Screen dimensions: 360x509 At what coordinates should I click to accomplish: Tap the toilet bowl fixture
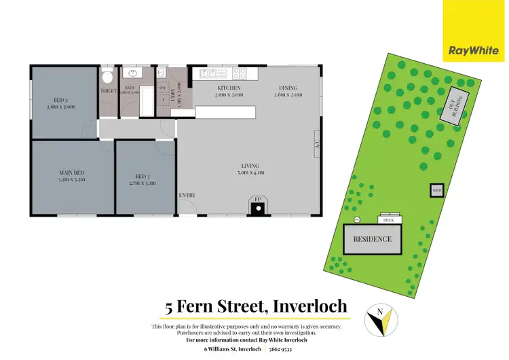107,77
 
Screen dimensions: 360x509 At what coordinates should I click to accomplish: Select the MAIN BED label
71,177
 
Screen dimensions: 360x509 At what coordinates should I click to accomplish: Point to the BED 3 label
143,179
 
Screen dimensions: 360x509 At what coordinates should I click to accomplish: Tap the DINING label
288,92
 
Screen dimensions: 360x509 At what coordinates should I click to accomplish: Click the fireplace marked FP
258,206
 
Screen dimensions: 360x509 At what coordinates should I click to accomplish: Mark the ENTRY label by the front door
187,196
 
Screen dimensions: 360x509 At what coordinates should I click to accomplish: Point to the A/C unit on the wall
316,144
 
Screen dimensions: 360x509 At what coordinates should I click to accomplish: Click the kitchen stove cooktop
240,73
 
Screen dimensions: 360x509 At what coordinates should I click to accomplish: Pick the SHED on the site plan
436,190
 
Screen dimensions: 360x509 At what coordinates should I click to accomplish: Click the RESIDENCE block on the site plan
373,239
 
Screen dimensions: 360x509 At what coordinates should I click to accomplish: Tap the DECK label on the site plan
389,220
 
